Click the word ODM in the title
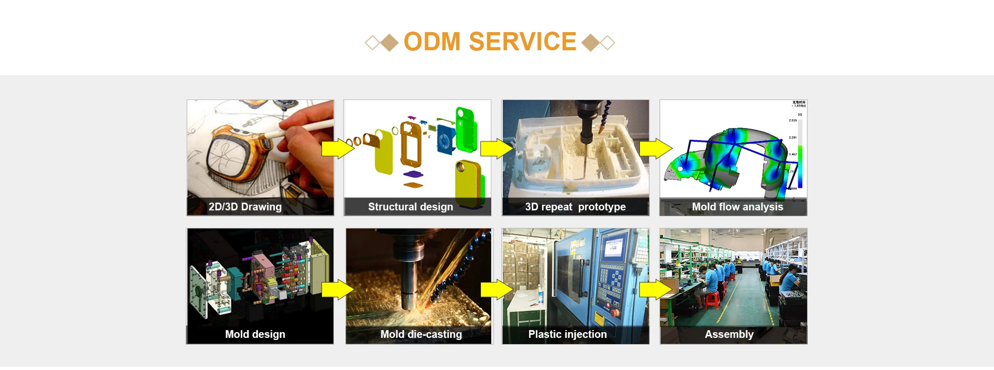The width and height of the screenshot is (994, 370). [432, 41]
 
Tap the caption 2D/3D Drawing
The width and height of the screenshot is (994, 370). [245, 207]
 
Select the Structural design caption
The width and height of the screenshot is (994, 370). [411, 207]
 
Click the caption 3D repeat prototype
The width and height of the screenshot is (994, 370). [575, 207]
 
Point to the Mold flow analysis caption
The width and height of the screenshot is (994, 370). [737, 207]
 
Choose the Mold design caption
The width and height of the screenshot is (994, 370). [255, 334]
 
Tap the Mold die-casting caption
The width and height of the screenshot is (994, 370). [421, 334]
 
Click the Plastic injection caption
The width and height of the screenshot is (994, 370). [567, 334]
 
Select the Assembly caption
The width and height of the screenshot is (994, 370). [729, 334]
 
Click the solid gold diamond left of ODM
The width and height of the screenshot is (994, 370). [389, 42]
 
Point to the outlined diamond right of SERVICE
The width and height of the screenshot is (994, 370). [608, 42]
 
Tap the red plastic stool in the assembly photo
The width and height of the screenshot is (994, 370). [713, 300]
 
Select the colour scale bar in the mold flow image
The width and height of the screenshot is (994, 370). [800, 155]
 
